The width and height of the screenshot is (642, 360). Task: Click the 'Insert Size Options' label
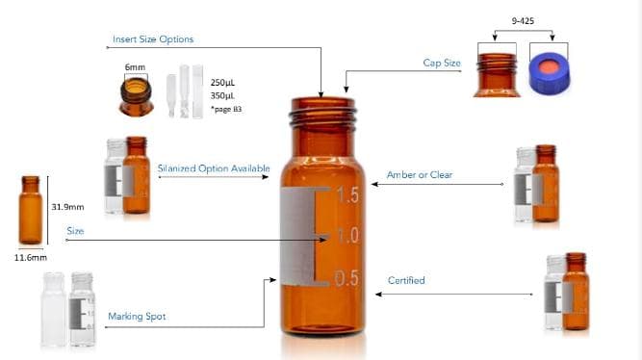pyautogui.click(x=153, y=39)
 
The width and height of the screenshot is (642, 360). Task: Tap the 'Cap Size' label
pyautogui.click(x=442, y=64)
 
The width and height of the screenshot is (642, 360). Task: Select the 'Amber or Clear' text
pyautogui.click(x=419, y=175)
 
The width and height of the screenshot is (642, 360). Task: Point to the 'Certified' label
pyautogui.click(x=406, y=281)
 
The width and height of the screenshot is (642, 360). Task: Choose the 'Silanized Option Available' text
pyautogui.click(x=213, y=168)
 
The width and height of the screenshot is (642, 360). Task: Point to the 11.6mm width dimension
pyautogui.click(x=31, y=258)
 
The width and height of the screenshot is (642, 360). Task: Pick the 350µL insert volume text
pyautogui.click(x=223, y=95)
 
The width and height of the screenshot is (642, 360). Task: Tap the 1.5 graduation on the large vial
pyautogui.click(x=346, y=195)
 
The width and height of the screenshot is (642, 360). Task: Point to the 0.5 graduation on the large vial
pyautogui.click(x=346, y=279)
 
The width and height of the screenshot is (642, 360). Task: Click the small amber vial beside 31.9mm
pyautogui.click(x=31, y=210)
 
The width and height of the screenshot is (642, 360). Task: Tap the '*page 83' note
pyautogui.click(x=225, y=110)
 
